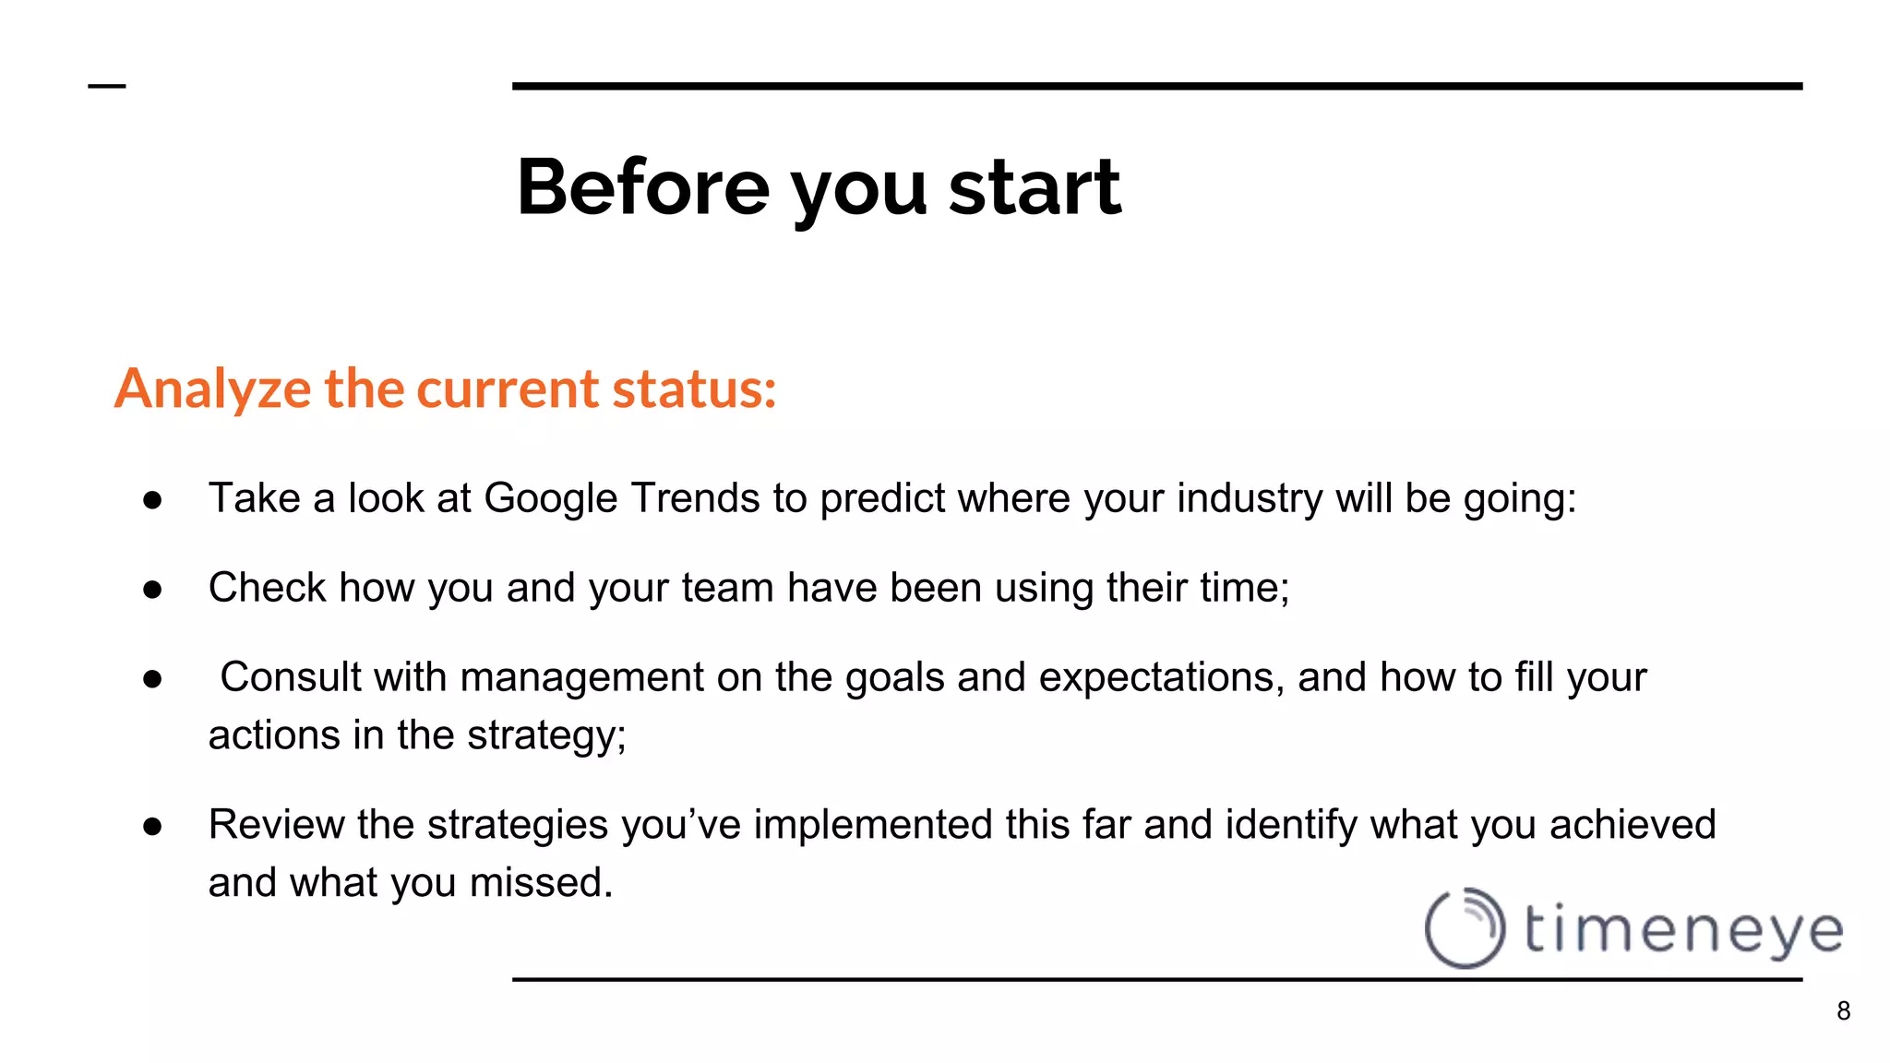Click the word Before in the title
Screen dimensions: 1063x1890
pyautogui.click(x=643, y=187)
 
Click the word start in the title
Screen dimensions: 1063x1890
pyautogui.click(x=1035, y=187)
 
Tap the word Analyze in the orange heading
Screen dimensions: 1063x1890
pyautogui.click(x=212, y=388)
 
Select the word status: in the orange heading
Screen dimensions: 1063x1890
pyautogui.click(x=694, y=388)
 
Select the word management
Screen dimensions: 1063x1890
pyautogui.click(x=581, y=677)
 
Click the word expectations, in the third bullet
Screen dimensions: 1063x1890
pyautogui.click(x=1162, y=677)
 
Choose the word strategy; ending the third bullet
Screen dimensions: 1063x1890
pyautogui.click(x=546, y=735)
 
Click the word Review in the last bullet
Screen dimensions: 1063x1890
pyautogui.click(x=276, y=825)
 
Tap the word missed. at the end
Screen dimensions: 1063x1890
pyautogui.click(x=542, y=883)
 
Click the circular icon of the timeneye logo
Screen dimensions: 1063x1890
pyautogui.click(x=1465, y=928)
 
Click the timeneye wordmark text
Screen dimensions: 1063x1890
pyautogui.click(x=1683, y=929)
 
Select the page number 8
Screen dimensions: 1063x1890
pyautogui.click(x=1843, y=1011)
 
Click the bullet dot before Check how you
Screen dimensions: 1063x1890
pyautogui.click(x=153, y=590)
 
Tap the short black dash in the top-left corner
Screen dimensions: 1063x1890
pyautogui.click(x=106, y=86)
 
